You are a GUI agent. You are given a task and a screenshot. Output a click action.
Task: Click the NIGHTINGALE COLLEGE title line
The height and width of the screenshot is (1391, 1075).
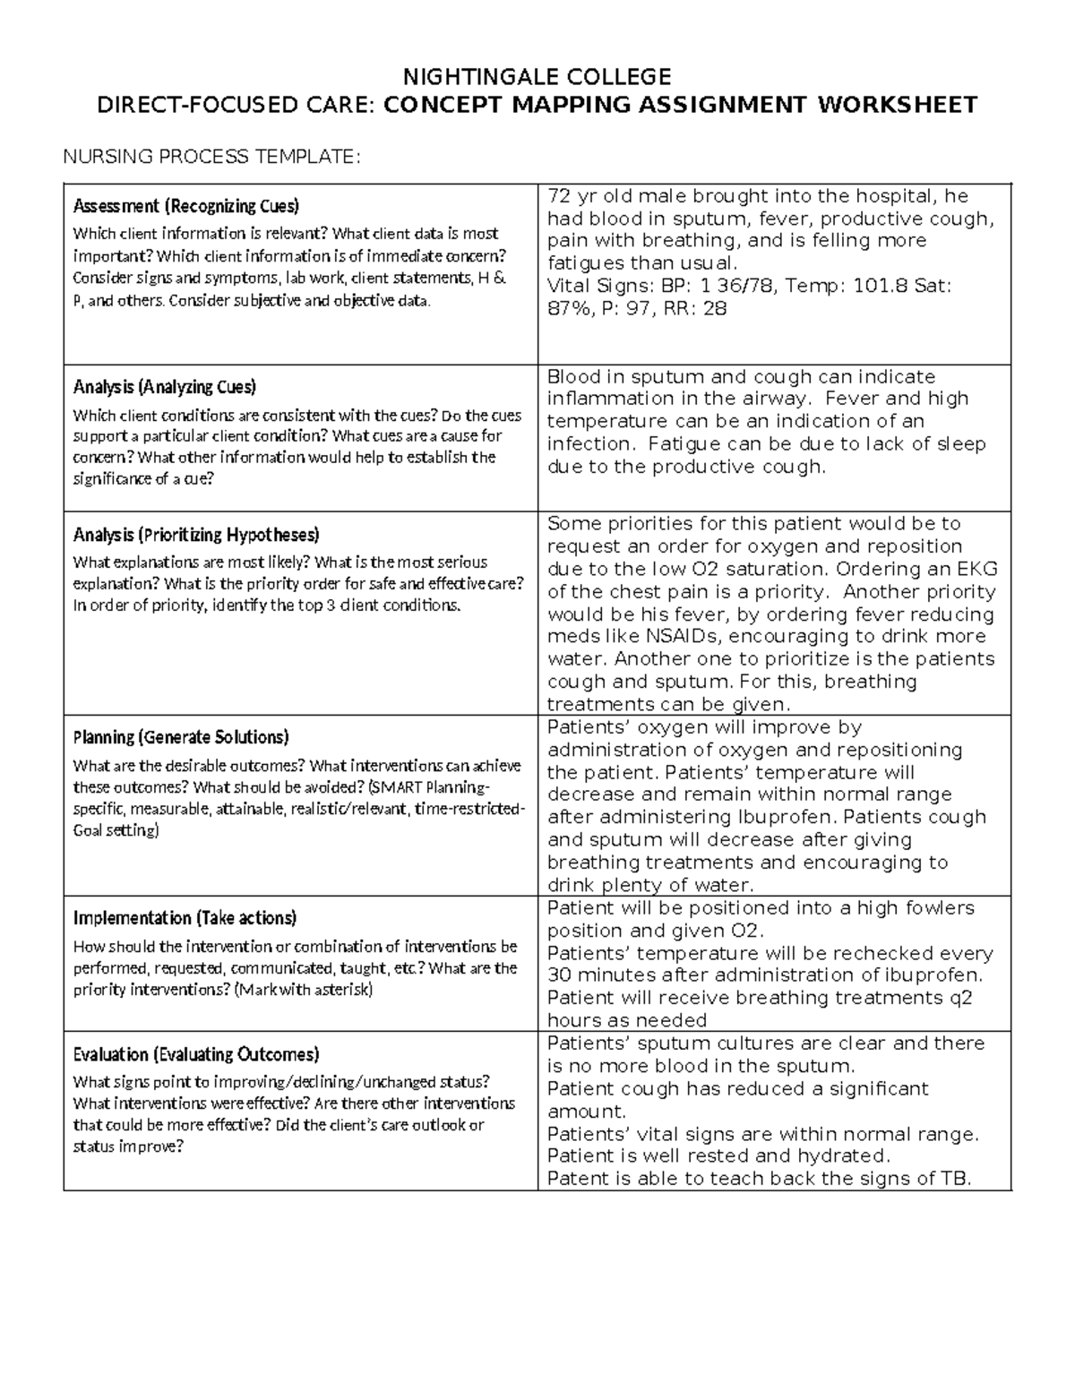pos(537,75)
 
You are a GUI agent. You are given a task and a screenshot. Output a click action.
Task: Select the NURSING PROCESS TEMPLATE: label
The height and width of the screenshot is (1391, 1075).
pos(211,158)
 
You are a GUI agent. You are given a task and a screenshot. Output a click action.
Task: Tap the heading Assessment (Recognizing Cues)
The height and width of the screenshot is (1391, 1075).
pos(185,206)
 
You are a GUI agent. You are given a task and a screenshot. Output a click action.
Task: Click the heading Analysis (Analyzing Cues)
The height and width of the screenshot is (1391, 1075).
pos(164,387)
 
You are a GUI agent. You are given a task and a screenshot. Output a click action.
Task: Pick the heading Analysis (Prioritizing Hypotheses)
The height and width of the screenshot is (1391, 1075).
pos(195,535)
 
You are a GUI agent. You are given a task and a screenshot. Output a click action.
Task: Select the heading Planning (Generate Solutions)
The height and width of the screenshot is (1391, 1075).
pos(180,737)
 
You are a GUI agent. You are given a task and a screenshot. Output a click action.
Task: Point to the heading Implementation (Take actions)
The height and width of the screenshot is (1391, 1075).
pos(185,918)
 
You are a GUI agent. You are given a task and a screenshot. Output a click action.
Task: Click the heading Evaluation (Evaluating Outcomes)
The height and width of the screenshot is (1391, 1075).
pos(195,1054)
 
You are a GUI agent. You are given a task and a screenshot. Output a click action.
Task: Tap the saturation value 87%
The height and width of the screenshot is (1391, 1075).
pos(568,309)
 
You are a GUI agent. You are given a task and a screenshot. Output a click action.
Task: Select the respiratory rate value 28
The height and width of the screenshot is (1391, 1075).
pos(714,309)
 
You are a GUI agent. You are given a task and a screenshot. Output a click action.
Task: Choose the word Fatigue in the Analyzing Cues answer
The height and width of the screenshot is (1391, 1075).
pos(680,444)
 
